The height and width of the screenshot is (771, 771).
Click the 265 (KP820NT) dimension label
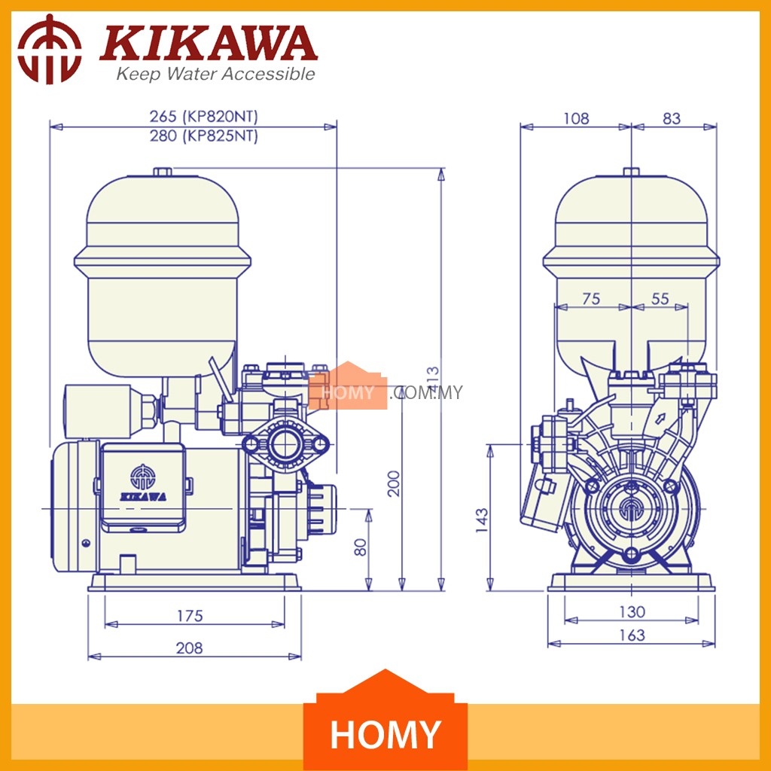pos(203,117)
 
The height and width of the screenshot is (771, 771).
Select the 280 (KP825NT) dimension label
pos(203,136)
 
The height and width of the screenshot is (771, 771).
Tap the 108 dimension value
pos(576,118)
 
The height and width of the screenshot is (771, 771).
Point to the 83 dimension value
pos(671,118)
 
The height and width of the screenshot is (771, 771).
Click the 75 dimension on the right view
pos(591,298)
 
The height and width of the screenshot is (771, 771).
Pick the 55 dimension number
pos(660,298)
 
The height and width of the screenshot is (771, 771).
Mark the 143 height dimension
pos(482,520)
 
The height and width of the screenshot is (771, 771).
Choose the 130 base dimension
pos(632,611)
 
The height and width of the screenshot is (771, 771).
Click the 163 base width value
pos(632,635)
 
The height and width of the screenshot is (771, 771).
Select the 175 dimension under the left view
pos(190,616)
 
